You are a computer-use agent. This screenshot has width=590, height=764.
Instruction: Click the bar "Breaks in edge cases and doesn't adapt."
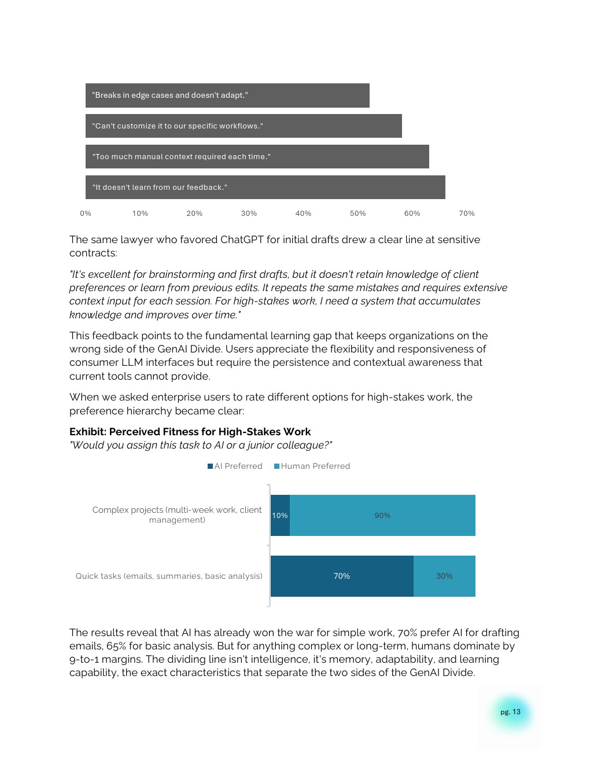coord(227,95)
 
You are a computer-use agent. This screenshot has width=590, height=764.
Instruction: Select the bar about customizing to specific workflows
coord(244,126)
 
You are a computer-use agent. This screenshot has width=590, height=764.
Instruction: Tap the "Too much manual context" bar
coord(257,157)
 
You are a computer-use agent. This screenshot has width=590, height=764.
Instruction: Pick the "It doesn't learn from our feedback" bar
coord(265,188)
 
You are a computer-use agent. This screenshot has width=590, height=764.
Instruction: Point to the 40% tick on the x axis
coord(303,214)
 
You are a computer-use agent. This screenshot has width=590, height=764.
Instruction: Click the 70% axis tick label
coord(466,214)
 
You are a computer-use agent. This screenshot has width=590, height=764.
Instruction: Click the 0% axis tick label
coord(86,214)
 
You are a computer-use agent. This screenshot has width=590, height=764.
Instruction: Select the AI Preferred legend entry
coord(235,467)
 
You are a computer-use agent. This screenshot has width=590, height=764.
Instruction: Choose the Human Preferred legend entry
coord(312,467)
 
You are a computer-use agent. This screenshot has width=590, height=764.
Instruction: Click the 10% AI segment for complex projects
coord(280,516)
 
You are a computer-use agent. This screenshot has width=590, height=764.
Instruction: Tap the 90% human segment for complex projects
coord(382,516)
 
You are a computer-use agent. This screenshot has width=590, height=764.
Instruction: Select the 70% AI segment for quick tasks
coord(342,576)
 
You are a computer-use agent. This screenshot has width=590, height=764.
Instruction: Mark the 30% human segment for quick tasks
coord(444,576)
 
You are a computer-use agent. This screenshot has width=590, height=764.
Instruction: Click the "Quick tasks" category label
coord(169,576)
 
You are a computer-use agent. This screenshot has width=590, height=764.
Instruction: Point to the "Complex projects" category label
coord(177,515)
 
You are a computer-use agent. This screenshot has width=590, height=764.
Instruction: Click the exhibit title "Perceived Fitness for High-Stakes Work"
coord(209,432)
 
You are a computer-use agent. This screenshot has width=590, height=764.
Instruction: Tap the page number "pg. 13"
coord(511,712)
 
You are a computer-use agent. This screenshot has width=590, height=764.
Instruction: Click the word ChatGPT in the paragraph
coord(241,240)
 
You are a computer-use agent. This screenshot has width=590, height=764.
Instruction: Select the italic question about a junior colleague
coord(201,445)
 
